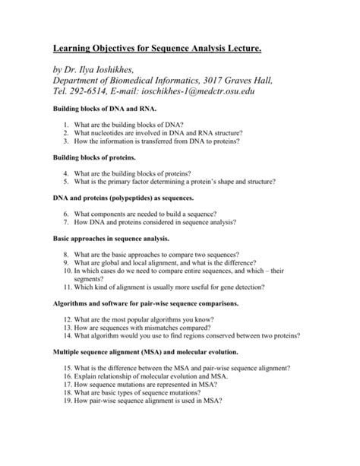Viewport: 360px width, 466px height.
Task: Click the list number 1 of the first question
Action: click(x=67, y=124)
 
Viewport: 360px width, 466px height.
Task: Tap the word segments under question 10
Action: click(x=93, y=278)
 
